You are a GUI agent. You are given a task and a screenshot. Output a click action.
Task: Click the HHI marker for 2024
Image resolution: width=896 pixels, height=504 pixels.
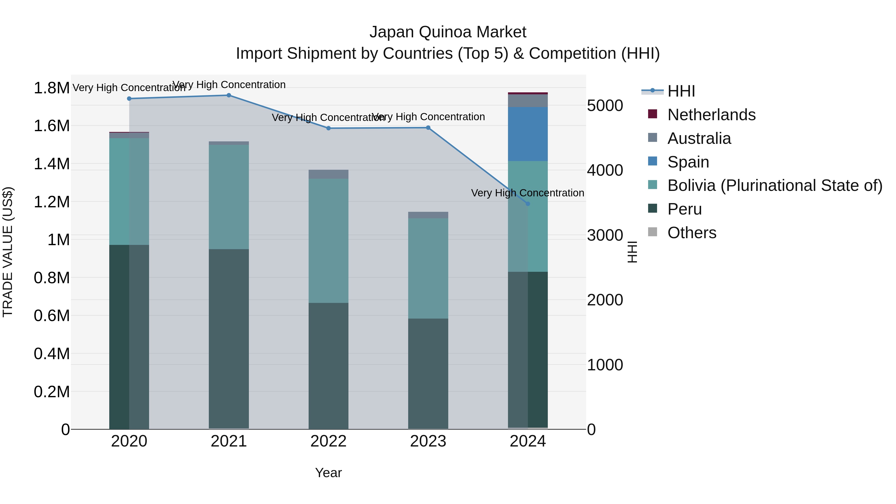point(528,204)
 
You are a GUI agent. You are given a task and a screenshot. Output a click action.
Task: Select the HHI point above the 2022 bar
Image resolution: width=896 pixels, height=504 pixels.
point(328,128)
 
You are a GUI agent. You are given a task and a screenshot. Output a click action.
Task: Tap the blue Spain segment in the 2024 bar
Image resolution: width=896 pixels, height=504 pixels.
point(528,134)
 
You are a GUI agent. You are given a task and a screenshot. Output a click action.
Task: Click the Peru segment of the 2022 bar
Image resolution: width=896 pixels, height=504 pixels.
point(328,365)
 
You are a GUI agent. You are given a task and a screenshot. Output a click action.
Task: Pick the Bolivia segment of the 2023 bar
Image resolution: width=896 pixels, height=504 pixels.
point(428,268)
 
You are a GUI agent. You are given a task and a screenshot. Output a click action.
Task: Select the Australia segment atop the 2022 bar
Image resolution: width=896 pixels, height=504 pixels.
point(328,174)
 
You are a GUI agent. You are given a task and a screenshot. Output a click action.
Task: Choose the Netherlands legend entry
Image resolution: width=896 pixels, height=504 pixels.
point(711,115)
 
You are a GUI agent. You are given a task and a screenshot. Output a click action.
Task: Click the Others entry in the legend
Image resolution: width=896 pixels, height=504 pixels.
point(691,233)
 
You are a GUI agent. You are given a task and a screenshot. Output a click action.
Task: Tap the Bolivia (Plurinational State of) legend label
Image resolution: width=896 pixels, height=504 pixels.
point(775,185)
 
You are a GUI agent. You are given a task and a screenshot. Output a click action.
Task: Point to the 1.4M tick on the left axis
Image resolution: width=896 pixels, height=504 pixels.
point(52,164)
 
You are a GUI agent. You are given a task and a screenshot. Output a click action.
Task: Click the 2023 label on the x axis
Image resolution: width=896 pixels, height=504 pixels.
point(428,441)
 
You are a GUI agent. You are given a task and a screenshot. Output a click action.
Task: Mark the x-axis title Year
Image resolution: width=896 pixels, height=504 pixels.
point(328,473)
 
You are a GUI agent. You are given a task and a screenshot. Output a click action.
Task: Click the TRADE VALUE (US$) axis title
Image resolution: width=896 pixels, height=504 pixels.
point(8,252)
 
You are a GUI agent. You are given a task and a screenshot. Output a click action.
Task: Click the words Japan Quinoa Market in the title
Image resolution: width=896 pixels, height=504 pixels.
point(448,32)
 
